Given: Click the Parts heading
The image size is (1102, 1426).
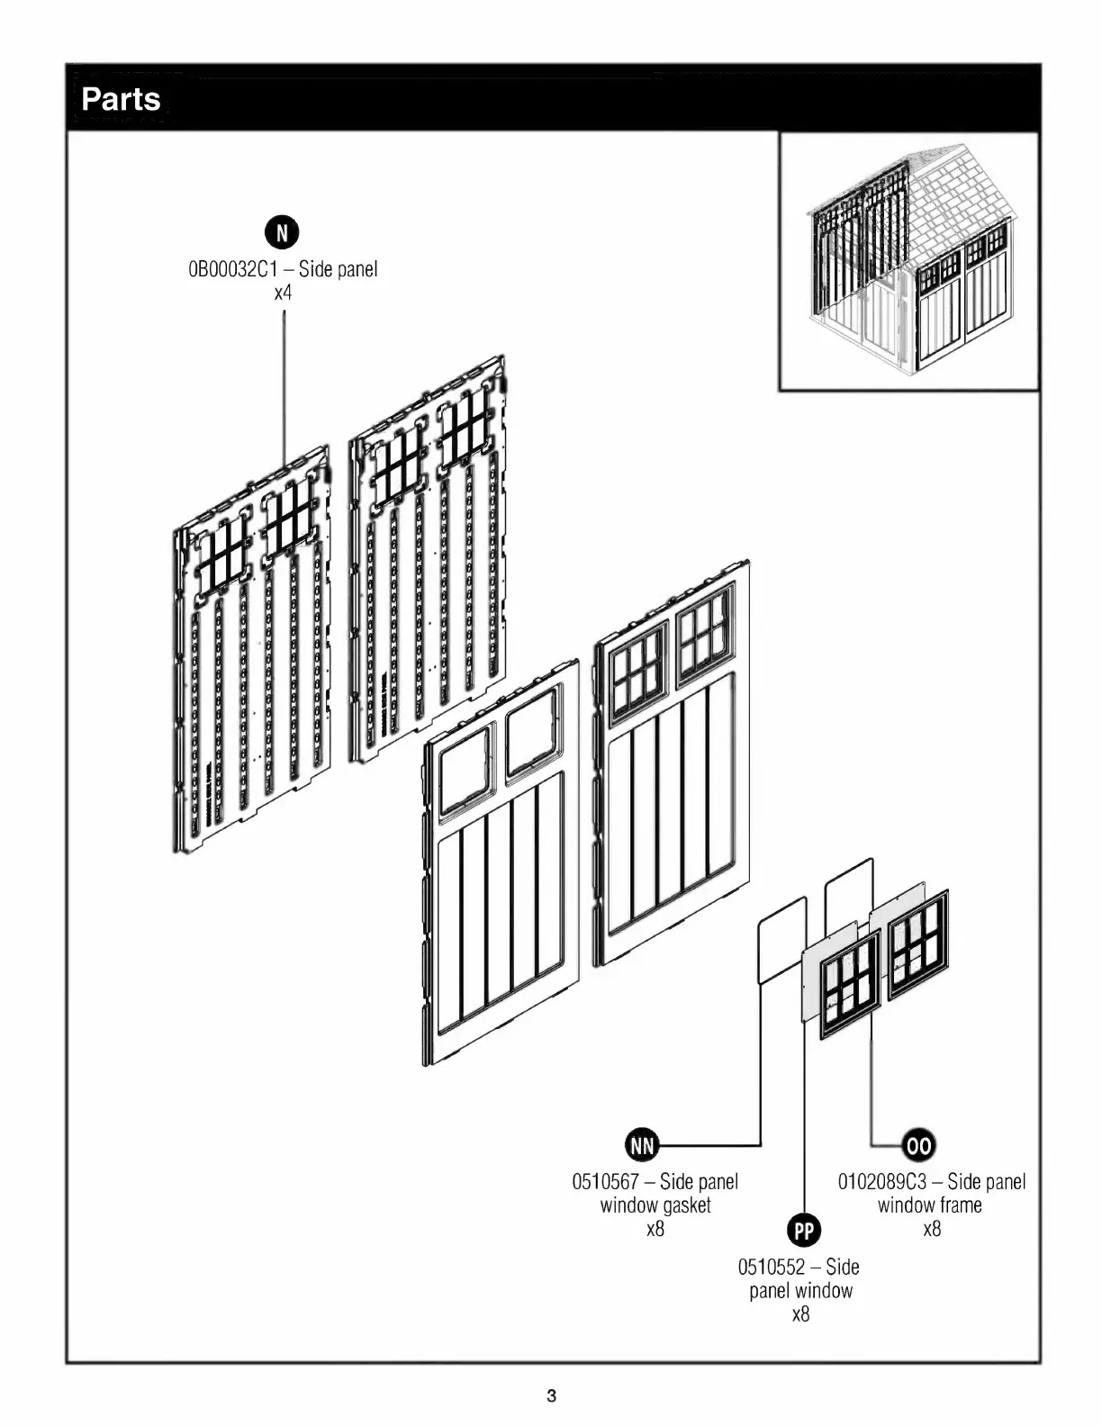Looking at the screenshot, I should pos(121,99).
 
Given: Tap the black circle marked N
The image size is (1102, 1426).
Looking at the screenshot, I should pos(282,233).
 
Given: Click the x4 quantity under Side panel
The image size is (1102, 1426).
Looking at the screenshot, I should pos(283,293).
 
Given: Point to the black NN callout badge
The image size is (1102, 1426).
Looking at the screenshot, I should pos(642,1145).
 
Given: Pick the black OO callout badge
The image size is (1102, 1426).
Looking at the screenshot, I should pos(918,1145).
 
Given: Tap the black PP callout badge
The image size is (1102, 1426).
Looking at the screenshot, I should pos(803,1231).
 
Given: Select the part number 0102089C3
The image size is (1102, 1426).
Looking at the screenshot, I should pos(881,1181).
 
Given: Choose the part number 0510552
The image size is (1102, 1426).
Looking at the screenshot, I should pos(771,1267).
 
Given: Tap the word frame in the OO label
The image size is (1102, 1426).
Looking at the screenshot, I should pos(960,1205).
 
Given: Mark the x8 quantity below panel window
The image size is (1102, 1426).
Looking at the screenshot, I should pos(800,1314).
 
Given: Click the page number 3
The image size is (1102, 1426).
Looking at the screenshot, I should pos(551,1396).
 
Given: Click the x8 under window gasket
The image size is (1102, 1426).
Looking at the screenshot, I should pos(655,1229).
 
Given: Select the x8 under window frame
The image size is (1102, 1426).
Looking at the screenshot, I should pos(932,1229).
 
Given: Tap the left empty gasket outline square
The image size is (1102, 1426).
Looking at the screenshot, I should pos(782,939).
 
